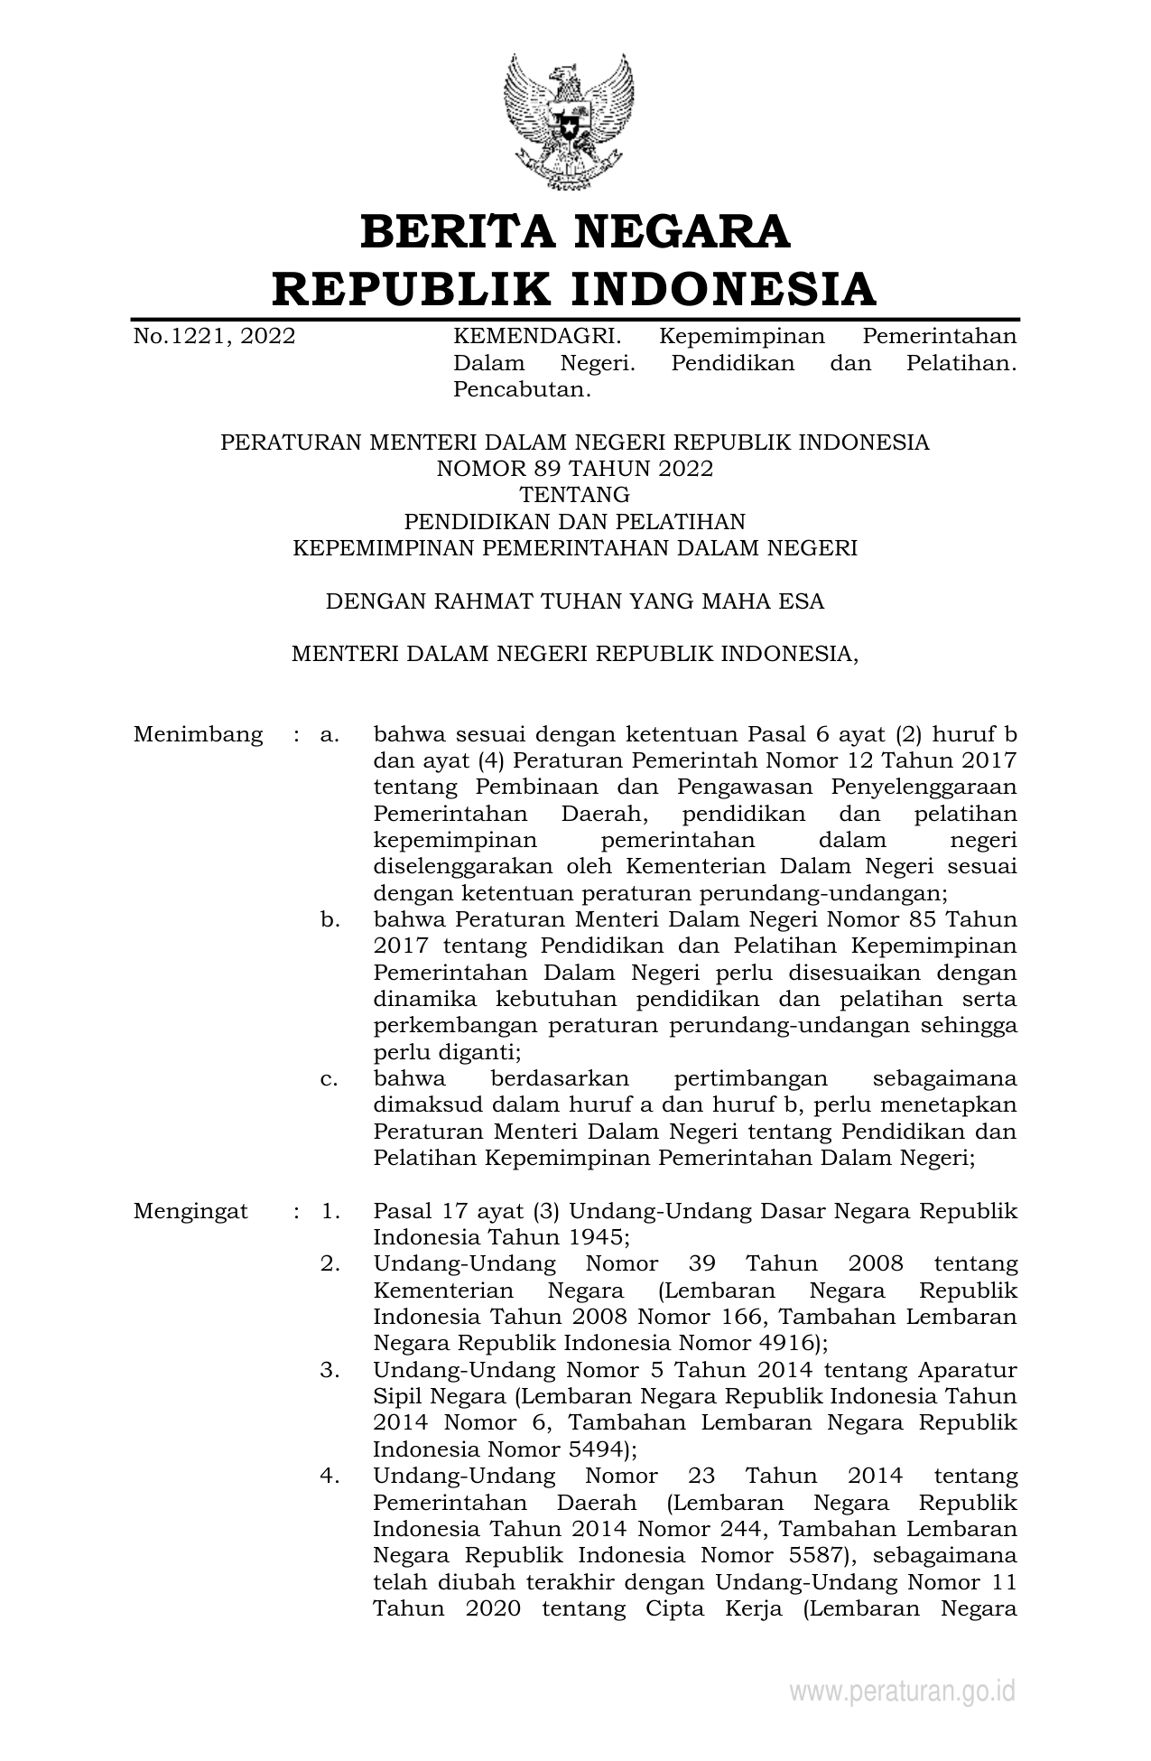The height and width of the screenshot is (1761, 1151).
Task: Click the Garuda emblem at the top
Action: pyautogui.click(x=568, y=121)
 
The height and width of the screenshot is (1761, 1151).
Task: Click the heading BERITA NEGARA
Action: pyautogui.click(x=575, y=231)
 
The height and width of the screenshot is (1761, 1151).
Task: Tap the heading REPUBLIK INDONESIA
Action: pyautogui.click(x=575, y=289)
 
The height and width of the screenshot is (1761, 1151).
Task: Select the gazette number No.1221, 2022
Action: pyautogui.click(x=214, y=337)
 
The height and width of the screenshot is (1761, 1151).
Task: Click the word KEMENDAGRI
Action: pyautogui.click(x=536, y=337)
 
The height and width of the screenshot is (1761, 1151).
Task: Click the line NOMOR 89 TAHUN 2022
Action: pyautogui.click(x=575, y=469)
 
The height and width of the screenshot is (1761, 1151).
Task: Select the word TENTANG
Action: pyautogui.click(x=575, y=495)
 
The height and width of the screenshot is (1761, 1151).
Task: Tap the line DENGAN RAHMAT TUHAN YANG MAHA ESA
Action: pyautogui.click(x=575, y=601)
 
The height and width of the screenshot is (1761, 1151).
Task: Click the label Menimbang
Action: pyautogui.click(x=199, y=734)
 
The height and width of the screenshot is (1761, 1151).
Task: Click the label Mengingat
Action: pyautogui.click(x=190, y=1211)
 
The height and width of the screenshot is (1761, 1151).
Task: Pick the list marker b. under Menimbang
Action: pyautogui.click(x=330, y=920)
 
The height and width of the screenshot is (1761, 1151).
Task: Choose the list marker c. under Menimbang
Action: pyautogui.click(x=330, y=1079)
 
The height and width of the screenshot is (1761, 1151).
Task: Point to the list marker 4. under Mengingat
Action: pyautogui.click(x=330, y=1477)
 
